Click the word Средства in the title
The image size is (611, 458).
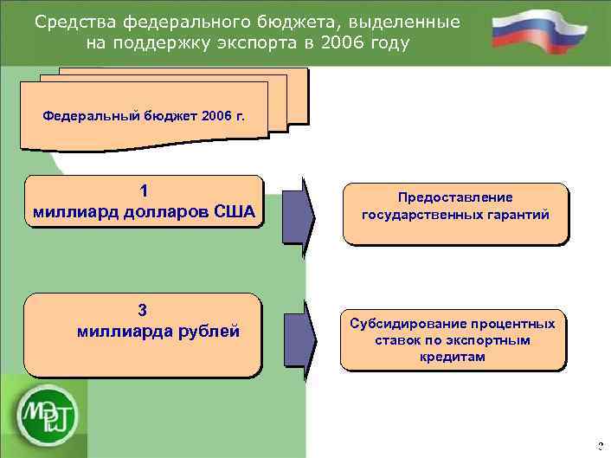[x=73, y=21]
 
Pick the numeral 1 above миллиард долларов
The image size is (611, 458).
[x=144, y=191]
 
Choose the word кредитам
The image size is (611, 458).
[x=454, y=357]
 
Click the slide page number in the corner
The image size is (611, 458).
[x=600, y=447]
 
